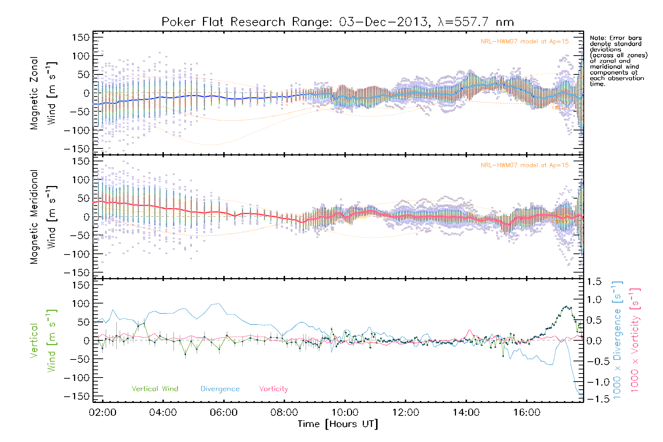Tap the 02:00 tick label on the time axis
coord(102,412)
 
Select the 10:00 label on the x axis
coord(345,412)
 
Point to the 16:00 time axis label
coord(527,412)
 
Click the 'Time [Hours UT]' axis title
coord(337,424)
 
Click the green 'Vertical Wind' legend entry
coord(155,389)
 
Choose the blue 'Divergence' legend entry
coord(220,389)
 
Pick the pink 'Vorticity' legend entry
coord(273,389)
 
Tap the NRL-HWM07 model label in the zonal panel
coord(525,42)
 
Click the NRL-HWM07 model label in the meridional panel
coord(525,165)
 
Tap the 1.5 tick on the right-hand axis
coord(594,282)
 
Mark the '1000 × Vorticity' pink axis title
coord(635,340)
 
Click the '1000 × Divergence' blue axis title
coord(617,340)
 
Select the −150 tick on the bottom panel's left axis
coord(77,396)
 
